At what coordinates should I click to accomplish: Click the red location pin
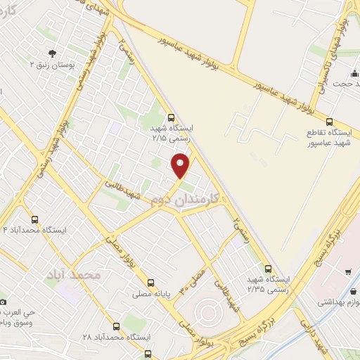181,166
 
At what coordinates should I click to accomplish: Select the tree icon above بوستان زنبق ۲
51,53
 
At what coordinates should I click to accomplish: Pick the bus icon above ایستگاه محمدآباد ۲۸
115,326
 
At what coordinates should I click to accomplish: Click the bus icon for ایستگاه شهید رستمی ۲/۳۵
268,268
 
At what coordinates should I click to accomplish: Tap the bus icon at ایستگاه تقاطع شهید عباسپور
329,121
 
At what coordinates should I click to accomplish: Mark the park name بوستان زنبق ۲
52,65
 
